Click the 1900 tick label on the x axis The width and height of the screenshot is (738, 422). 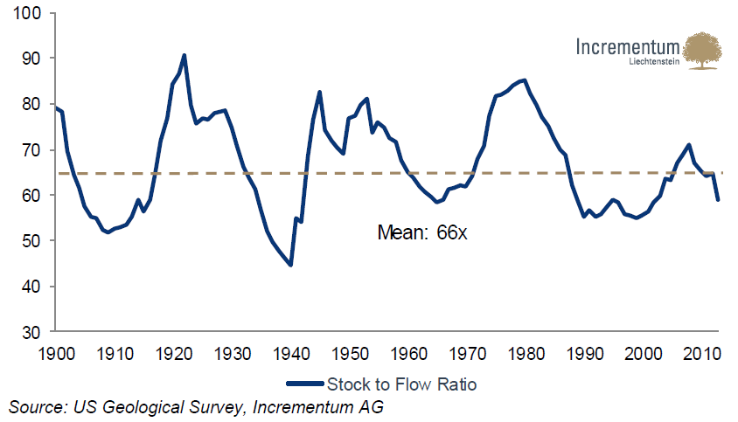coord(56,352)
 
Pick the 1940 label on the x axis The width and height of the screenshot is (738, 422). coord(291,352)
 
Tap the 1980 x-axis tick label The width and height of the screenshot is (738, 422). coord(526,352)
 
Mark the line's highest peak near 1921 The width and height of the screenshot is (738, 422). coord(184,55)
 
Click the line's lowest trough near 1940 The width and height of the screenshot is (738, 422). coord(291,265)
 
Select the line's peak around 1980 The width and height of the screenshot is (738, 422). coord(524,80)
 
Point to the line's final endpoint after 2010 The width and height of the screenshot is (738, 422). coord(719,200)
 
